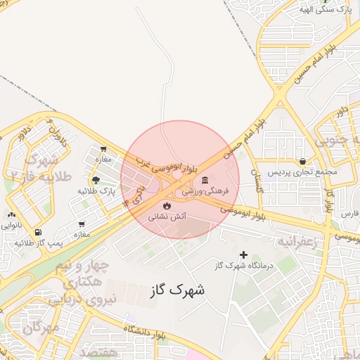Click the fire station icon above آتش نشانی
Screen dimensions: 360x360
(167, 205)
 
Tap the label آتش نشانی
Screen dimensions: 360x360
(167, 217)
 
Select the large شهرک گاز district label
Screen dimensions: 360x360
(178, 289)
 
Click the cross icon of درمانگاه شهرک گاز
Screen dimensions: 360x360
(244, 255)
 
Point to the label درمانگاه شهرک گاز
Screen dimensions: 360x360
(244, 266)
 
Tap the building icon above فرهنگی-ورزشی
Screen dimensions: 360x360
(205, 179)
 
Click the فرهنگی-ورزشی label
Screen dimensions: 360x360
(204, 191)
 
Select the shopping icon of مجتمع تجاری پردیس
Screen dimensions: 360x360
(302, 161)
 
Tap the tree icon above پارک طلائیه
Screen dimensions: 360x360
(96, 180)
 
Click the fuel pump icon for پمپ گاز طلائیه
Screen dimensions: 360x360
(37, 232)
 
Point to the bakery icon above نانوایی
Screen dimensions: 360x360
(11, 215)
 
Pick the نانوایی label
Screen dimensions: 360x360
(11, 226)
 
